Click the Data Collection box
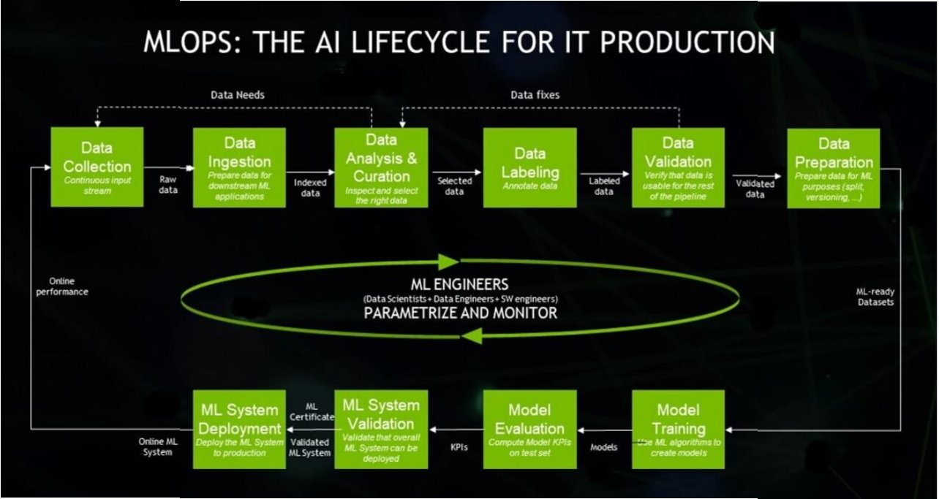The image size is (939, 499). click(x=97, y=167)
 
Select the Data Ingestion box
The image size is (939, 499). click(x=239, y=167)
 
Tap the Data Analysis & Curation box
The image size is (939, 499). click(x=381, y=167)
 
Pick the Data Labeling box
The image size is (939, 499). click(x=529, y=167)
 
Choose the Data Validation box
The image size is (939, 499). click(x=678, y=167)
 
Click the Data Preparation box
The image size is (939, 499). click(x=833, y=167)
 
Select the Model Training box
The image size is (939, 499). click(x=678, y=429)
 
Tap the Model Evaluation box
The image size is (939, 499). click(x=529, y=429)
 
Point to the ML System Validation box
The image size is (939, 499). click(x=381, y=429)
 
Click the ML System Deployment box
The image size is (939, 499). click(x=239, y=429)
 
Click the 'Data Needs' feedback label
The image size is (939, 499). click(x=238, y=95)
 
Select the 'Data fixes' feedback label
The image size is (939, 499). click(x=535, y=95)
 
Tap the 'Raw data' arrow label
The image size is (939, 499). click(x=169, y=183)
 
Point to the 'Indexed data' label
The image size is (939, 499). click(x=310, y=188)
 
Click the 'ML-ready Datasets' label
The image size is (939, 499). click(x=875, y=297)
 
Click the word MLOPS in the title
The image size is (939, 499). click(x=189, y=42)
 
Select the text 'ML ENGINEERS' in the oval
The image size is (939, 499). click(x=460, y=283)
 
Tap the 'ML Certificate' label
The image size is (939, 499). click(x=311, y=411)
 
